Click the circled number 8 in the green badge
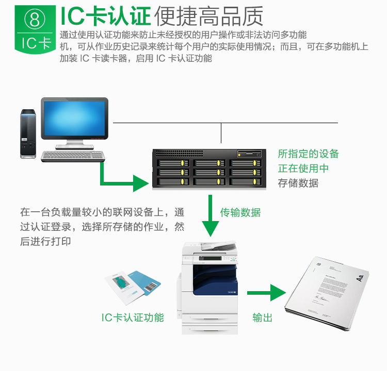point(35,20)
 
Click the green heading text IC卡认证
point(105,16)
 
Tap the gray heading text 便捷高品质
point(208,16)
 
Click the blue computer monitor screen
point(74,118)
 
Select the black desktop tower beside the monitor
point(28,134)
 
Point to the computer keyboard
point(73,156)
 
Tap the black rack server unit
point(209,168)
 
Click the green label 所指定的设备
point(308,154)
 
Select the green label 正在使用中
point(303,168)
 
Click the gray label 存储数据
point(298,183)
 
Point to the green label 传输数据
point(240,212)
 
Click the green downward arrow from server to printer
point(211,215)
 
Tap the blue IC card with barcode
point(146,282)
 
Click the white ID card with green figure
point(124,288)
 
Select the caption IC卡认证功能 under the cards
point(133,317)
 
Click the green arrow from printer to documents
point(267,293)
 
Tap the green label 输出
point(262,317)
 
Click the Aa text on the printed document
point(360,278)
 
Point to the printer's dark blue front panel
point(215,280)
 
